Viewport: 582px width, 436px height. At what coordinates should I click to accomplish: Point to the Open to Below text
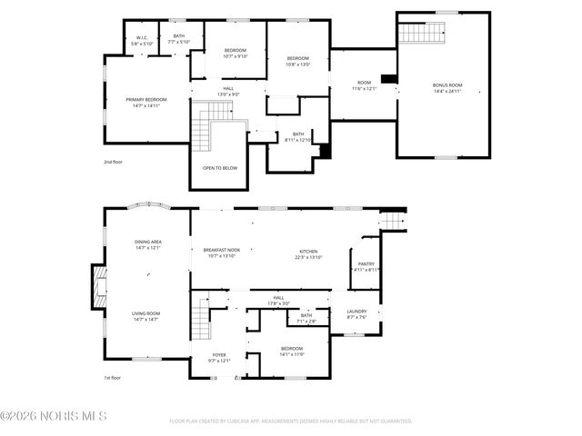pyautogui.click(x=220, y=168)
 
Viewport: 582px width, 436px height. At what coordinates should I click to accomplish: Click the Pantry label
pyautogui.click(x=366, y=267)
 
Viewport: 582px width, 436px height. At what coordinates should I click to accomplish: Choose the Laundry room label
pyautogui.click(x=356, y=314)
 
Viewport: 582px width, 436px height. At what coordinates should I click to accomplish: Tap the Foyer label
pyautogui.click(x=219, y=358)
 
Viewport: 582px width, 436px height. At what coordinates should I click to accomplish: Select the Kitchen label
pyautogui.click(x=309, y=253)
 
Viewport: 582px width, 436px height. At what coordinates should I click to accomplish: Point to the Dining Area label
pyautogui.click(x=148, y=244)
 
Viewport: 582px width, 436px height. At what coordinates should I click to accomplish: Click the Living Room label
pyautogui.click(x=147, y=317)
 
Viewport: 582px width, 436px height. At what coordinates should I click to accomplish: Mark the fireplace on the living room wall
pyautogui.click(x=97, y=288)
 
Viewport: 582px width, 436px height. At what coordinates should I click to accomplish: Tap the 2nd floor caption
pyautogui.click(x=114, y=162)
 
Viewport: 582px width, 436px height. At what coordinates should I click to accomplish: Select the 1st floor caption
pyautogui.click(x=113, y=379)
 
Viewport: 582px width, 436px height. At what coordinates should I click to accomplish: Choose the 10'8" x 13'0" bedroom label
pyautogui.click(x=297, y=61)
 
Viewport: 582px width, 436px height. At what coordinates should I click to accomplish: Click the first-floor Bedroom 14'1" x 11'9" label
pyautogui.click(x=291, y=352)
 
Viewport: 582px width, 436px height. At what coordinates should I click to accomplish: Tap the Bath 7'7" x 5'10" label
pyautogui.click(x=178, y=39)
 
